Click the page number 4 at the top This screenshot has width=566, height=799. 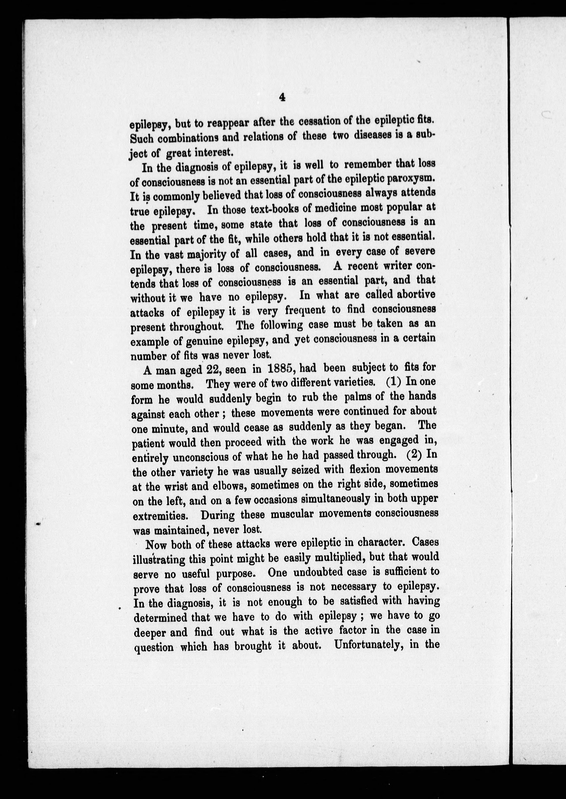(x=282, y=98)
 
